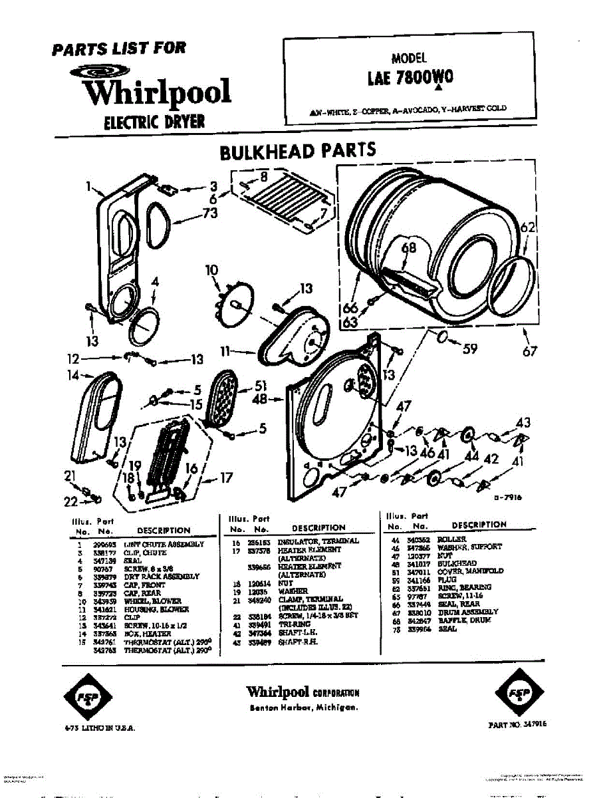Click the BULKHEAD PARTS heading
pos(297,151)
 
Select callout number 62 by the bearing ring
pos(527,227)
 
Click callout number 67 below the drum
pos(529,352)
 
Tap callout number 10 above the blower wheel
pos(211,270)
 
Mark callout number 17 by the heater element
pos(226,477)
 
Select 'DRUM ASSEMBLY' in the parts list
pos(467,612)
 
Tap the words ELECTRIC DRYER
pos(154,122)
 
